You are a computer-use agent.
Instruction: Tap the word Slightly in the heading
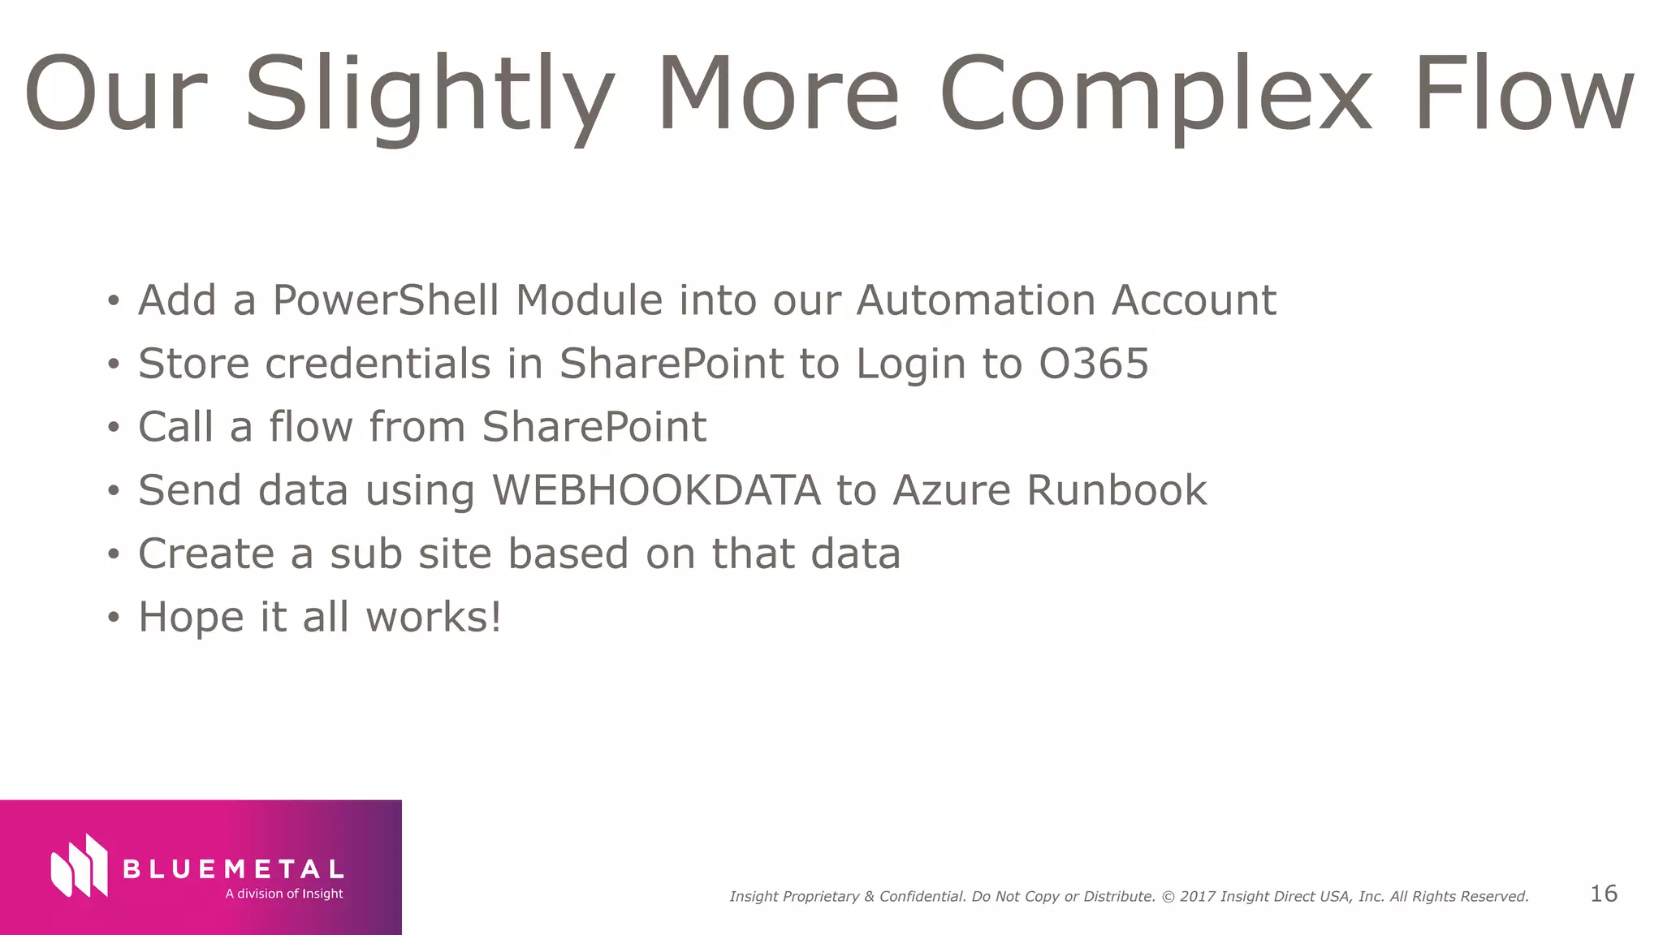pos(429,96)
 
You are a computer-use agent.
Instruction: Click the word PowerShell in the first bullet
pos(387,299)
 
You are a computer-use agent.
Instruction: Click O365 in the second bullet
pos(1094,363)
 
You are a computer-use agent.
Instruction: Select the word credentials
pos(378,363)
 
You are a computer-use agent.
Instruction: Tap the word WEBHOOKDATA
pos(656,490)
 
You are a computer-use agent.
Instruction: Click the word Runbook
pos(1117,490)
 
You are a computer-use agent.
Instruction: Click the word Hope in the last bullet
pos(191,618)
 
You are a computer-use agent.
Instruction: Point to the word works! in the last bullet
pos(434,617)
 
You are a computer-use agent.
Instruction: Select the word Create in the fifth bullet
pos(206,554)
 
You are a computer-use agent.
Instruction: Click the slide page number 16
pos(1603,894)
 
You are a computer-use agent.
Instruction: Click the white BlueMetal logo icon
pos(79,866)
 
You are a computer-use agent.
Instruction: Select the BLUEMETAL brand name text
pos(233,869)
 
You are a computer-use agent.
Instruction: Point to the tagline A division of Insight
pos(284,894)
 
